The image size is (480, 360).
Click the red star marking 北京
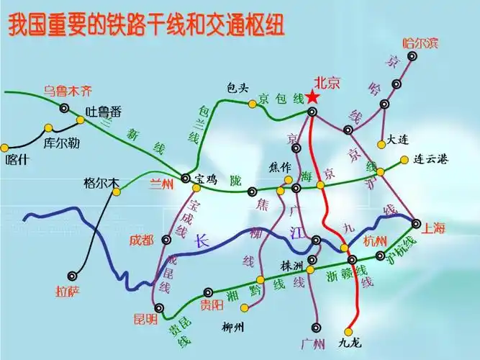click(312, 96)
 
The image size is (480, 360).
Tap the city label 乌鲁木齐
click(68, 91)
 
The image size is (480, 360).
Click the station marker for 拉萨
click(73, 275)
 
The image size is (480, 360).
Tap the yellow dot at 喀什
click(4, 148)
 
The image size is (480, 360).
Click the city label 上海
click(435, 228)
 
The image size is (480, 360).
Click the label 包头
click(237, 88)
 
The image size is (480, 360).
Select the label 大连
click(397, 139)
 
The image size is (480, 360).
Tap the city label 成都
click(142, 240)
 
